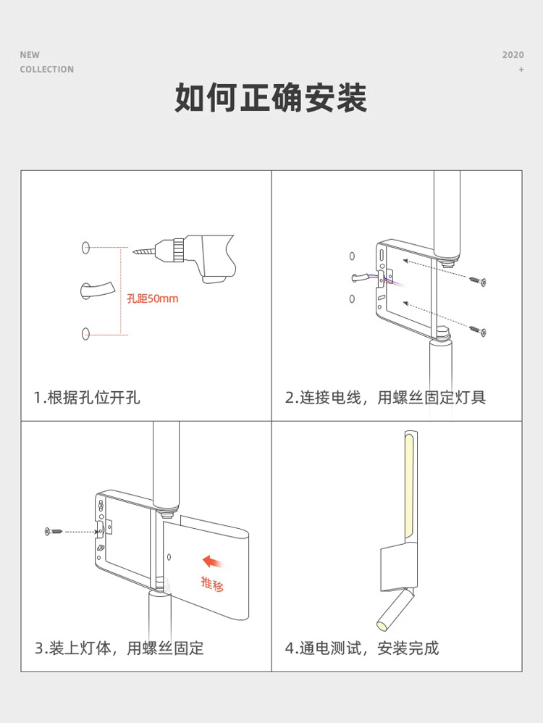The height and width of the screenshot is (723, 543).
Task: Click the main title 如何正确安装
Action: (x=271, y=98)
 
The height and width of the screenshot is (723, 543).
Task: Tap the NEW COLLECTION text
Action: (x=46, y=62)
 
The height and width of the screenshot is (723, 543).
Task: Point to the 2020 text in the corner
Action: (x=513, y=55)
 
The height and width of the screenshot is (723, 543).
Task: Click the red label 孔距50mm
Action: (x=152, y=298)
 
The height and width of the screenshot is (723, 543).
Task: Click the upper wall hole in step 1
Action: (x=85, y=248)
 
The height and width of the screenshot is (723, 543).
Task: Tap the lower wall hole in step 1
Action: (x=85, y=333)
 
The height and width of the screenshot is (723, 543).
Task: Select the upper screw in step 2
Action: (x=478, y=280)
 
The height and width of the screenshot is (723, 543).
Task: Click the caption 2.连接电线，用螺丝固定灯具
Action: (x=385, y=397)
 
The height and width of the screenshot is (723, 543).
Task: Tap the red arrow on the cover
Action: (x=212, y=561)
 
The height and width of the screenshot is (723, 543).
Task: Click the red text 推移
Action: (x=212, y=583)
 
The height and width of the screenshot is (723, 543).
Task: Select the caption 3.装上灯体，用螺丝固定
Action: (x=119, y=648)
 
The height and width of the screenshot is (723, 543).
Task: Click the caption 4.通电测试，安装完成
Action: (x=362, y=648)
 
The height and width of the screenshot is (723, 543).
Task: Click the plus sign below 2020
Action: (x=521, y=70)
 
